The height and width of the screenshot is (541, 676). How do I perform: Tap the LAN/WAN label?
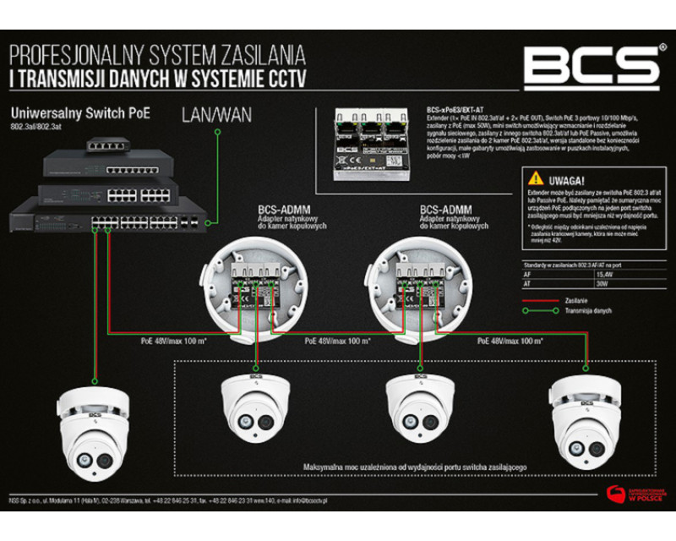click(x=216, y=115)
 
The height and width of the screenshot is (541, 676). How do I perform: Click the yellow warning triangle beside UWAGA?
click(x=534, y=179)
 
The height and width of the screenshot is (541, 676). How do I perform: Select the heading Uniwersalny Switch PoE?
click(x=79, y=112)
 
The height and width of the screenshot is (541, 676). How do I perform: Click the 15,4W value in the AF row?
click(x=607, y=275)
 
